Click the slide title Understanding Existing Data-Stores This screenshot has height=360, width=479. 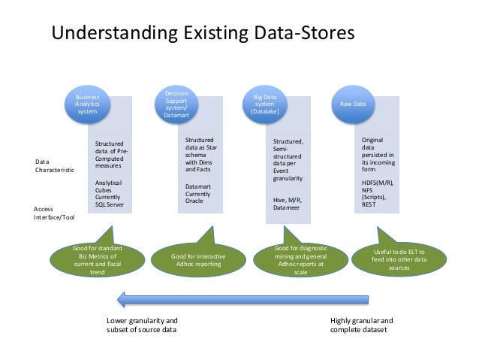(x=201, y=35)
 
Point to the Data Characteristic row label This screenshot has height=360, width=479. (x=55, y=166)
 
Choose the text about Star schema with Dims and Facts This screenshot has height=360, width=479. (x=201, y=155)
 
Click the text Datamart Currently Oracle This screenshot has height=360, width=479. (x=202, y=192)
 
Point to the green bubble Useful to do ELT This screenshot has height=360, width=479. (x=399, y=259)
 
